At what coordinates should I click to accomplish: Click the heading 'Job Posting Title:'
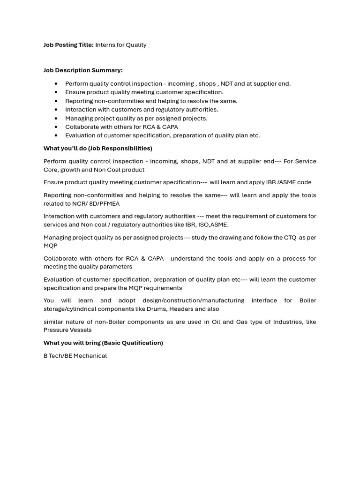[68, 45]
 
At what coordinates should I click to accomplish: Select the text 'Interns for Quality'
[121, 45]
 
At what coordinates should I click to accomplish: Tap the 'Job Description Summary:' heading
[83, 70]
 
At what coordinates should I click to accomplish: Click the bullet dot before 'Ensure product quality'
[56, 92]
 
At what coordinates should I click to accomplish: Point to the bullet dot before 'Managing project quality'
[56, 119]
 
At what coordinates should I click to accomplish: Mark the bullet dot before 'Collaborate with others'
[56, 127]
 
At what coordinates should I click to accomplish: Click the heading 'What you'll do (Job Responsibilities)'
[97, 149]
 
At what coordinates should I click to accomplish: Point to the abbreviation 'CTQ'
[290, 238]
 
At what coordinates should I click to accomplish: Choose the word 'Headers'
[181, 309]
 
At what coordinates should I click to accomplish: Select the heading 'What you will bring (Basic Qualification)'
[103, 343]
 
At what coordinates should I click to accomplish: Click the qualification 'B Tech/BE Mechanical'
[75, 356]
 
